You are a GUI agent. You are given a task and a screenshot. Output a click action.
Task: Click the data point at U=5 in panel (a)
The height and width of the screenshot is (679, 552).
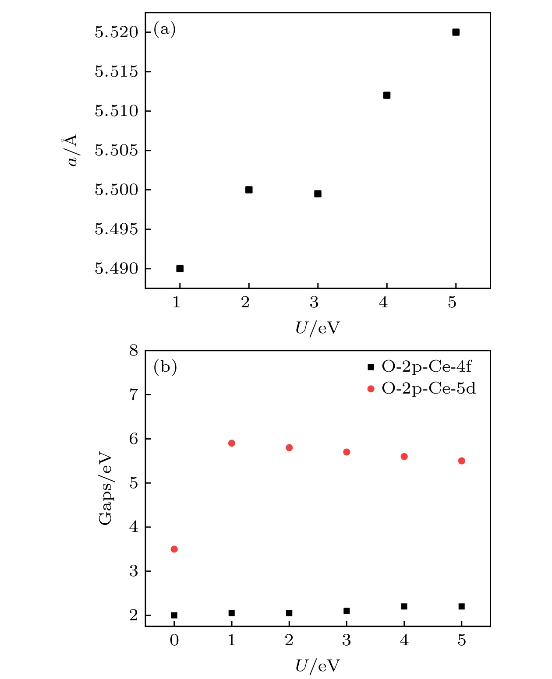pos(456,32)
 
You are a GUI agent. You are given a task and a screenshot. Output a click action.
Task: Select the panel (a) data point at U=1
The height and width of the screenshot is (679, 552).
pos(180,268)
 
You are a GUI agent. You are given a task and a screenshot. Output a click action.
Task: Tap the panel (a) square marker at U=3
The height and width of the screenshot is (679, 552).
pos(318,193)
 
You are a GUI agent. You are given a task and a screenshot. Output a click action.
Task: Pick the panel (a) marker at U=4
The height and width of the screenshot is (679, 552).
pos(386,95)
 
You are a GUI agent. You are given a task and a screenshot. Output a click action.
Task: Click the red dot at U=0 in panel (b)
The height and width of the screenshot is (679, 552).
pos(174,549)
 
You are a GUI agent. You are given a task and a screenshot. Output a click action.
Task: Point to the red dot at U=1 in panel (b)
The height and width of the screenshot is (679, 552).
pos(232,443)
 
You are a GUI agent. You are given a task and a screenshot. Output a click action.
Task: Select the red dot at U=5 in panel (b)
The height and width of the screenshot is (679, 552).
pos(461,461)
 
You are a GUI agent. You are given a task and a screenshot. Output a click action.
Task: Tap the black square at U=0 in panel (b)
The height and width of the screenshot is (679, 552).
pos(174,615)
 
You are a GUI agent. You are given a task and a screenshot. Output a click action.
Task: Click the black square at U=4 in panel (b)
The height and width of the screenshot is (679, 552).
pos(404,606)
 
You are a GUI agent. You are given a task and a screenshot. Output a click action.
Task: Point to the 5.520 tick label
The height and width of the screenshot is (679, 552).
pos(116,32)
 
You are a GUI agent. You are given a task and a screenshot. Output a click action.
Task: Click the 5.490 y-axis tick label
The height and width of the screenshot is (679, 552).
pos(116,268)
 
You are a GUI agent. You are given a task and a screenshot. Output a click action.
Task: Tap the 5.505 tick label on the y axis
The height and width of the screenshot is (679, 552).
pos(116,150)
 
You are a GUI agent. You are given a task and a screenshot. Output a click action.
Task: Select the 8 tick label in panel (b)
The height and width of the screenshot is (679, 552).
pos(133,350)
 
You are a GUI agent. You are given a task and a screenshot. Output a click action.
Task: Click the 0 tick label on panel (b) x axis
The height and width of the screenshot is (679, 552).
pos(174,640)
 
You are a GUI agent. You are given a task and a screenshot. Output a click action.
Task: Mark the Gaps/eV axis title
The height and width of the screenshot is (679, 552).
pos(105,488)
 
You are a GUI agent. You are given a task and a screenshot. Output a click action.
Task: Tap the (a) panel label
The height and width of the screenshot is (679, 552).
pos(164,29)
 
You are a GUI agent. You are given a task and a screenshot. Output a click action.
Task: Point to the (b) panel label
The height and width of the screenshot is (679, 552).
pos(165,366)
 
